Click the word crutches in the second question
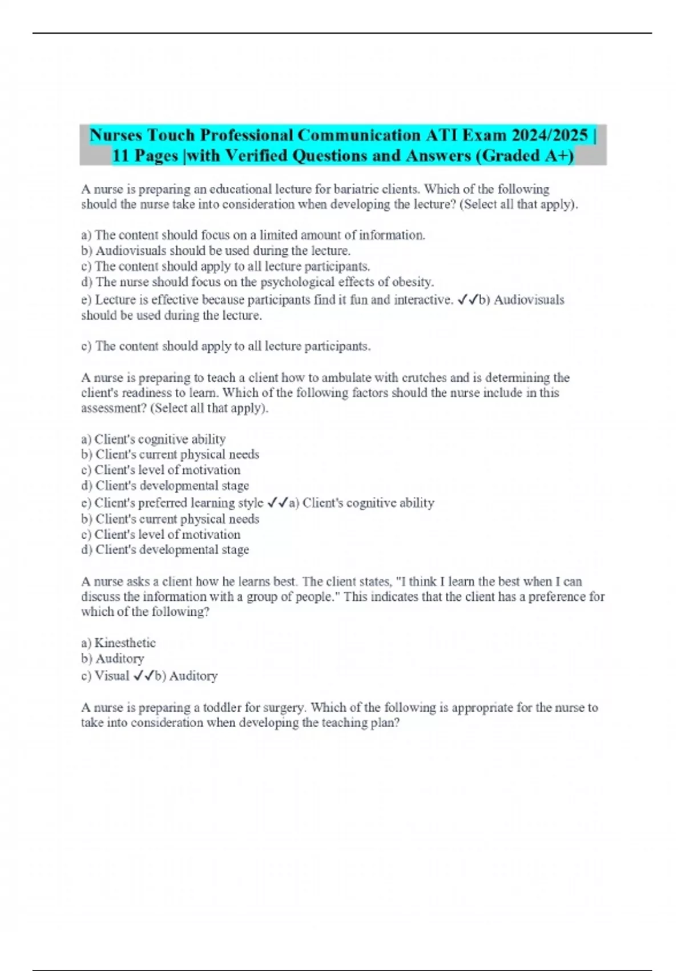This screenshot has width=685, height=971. [424, 378]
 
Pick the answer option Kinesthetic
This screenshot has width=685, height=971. [125, 643]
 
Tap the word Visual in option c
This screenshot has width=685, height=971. [112, 676]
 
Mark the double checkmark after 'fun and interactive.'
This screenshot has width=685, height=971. [468, 300]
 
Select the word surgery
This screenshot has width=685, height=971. [283, 708]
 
